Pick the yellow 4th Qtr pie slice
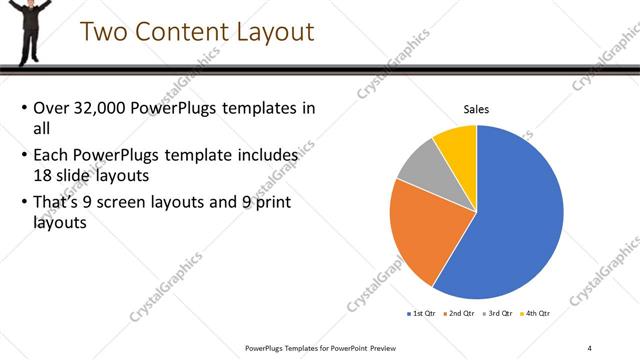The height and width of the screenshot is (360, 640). [457, 142]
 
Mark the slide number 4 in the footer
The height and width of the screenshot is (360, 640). [590, 347]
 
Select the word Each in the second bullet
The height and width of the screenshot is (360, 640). [51, 156]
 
